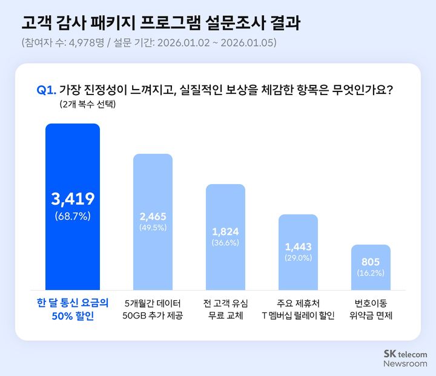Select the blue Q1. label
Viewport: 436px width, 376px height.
pos(47,90)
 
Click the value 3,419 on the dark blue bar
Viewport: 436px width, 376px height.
pos(73,199)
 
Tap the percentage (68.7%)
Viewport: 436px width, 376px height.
pos(73,216)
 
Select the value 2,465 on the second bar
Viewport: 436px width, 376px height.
pos(153,216)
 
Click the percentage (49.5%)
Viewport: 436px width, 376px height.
pos(153,228)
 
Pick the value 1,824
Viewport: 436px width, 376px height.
pos(225,231)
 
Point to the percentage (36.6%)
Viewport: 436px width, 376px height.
pos(225,243)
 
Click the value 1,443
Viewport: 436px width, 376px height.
pos(298,246)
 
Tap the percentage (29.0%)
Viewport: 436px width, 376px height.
pos(298,258)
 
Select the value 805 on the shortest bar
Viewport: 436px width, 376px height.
pos(371,262)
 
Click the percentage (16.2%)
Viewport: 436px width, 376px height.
pos(371,273)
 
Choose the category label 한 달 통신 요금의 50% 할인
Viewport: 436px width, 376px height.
pos(73,309)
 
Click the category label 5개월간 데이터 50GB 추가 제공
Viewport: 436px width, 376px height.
pos(153,309)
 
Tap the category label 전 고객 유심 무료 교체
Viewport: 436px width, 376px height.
pos(225,309)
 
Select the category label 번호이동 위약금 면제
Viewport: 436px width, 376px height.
pos(371,309)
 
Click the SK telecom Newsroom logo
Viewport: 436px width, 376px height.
pos(405,358)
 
